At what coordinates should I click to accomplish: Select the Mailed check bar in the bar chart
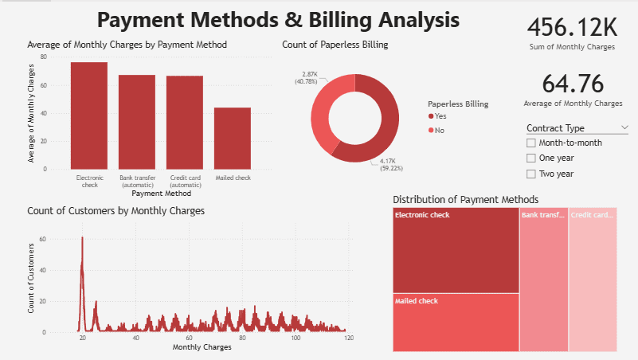tap(233, 138)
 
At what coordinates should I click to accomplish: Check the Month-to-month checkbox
tap(531, 143)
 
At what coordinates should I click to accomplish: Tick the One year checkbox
tap(531, 158)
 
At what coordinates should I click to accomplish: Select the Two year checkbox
tap(531, 173)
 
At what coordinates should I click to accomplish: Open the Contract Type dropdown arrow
tap(624, 127)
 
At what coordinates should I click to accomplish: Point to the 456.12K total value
tap(572, 28)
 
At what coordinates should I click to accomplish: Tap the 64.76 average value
tap(572, 84)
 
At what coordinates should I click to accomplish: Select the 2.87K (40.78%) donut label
tap(306, 77)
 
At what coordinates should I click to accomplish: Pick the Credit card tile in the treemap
tap(593, 279)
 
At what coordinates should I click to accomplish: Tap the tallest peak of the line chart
tap(82, 237)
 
